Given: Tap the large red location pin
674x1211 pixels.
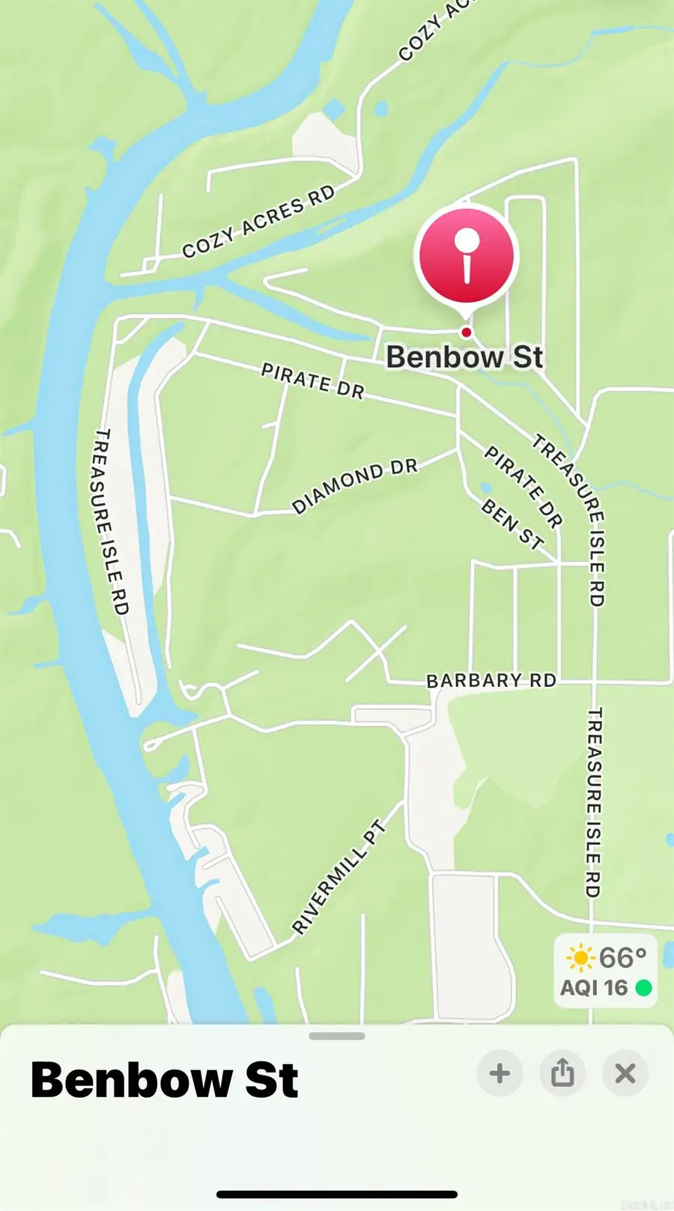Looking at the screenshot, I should coord(467,255).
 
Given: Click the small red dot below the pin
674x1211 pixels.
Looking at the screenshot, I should coord(467,332).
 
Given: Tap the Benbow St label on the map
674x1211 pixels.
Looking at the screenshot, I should coord(464,357).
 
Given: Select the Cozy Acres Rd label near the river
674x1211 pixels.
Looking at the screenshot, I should coord(258,222).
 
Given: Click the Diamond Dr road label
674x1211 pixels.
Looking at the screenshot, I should coord(354,485).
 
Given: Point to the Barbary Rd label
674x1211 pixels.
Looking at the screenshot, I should coord(491,680).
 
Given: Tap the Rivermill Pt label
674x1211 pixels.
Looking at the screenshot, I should coord(338,878).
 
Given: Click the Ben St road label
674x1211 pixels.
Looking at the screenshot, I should coord(512,524).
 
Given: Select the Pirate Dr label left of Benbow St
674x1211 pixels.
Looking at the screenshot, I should coord(312,380).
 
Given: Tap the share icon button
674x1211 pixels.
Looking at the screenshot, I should coord(562,1073).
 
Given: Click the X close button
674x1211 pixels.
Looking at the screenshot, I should coord(625,1073).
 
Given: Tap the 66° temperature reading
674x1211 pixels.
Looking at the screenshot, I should coord(622,958).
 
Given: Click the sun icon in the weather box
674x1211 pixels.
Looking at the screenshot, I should coord(580,958).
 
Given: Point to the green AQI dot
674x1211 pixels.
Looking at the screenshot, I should coord(643,988).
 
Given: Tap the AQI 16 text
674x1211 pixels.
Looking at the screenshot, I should coord(594,988).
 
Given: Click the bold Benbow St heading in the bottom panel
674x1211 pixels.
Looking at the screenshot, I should coord(164,1080).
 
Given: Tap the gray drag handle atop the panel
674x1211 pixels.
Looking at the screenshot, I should coord(337,1037).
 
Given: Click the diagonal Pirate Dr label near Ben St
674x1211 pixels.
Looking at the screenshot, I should coord(523,486).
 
